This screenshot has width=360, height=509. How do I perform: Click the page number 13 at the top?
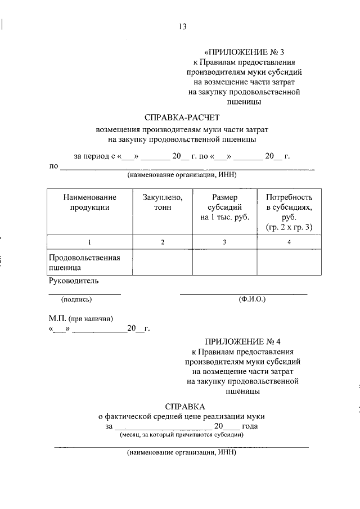181,26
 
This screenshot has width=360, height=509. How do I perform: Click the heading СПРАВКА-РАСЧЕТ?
180,118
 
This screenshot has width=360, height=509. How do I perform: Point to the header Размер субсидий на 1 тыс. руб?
224,207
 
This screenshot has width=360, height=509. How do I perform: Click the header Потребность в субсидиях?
289,212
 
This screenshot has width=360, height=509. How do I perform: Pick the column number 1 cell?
90,242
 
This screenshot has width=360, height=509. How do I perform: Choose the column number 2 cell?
163,242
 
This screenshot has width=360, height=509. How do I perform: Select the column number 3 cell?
224,242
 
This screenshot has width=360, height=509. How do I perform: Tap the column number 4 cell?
289,242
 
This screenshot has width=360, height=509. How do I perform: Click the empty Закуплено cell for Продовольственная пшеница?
163,263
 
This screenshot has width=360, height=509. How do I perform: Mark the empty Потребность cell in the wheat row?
289,263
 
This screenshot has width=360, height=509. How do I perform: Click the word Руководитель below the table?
74,281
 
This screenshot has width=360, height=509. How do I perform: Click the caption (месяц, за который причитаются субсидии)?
181,435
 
